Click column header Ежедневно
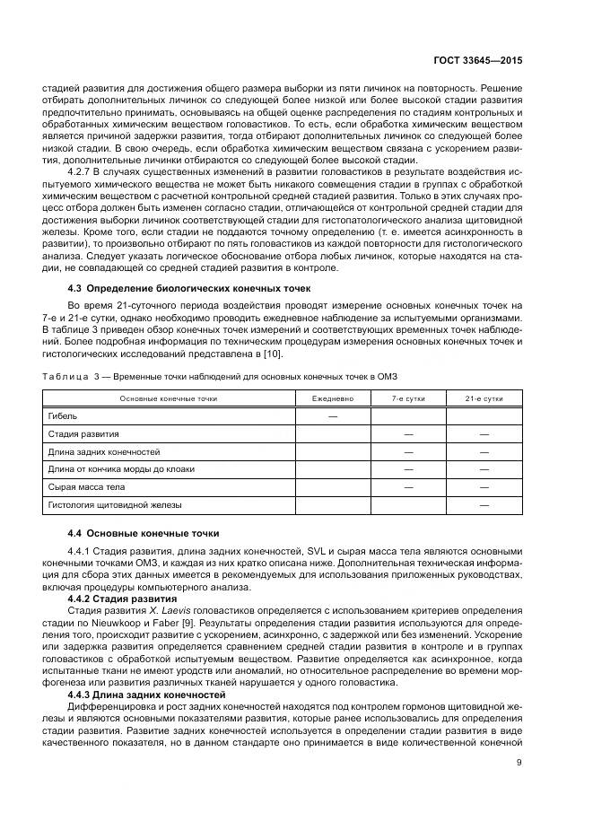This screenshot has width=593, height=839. click(332, 398)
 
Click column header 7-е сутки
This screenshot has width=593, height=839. click(408, 398)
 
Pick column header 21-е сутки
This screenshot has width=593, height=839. click(484, 398)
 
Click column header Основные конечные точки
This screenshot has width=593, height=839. click(169, 398)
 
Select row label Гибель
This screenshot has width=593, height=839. click(62, 416)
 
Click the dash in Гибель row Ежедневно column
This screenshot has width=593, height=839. click(332, 416)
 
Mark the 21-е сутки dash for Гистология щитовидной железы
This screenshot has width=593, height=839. click(484, 505)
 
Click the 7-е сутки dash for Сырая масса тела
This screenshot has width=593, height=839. click(408, 487)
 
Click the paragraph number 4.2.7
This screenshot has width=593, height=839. click(81, 168)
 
